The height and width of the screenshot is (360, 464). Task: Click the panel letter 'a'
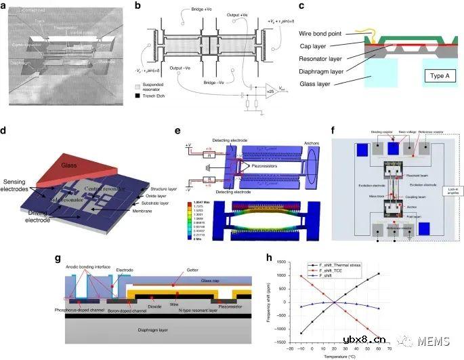point(7,6)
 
